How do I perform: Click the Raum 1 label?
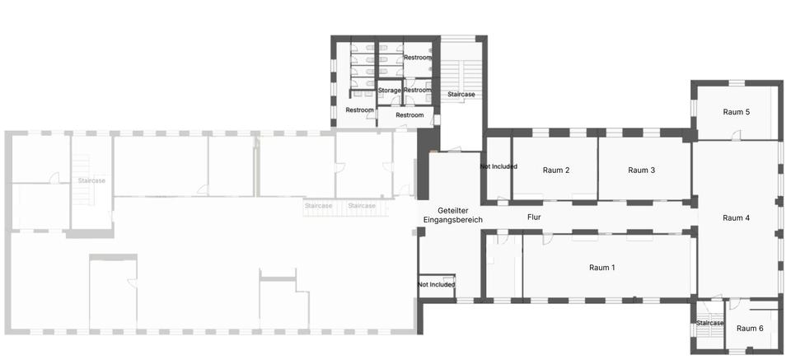click(601, 268)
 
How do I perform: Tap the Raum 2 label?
click(556, 171)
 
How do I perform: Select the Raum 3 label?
click(641, 171)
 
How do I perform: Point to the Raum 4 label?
click(736, 217)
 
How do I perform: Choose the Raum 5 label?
click(736, 111)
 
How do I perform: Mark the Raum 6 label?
click(749, 329)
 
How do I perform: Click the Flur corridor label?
click(534, 217)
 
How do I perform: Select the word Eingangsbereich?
click(452, 220)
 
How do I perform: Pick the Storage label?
click(389, 91)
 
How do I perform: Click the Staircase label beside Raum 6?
click(709, 323)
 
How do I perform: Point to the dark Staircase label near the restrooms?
click(461, 95)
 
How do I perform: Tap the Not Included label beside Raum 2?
click(498, 166)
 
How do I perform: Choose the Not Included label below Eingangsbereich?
click(437, 284)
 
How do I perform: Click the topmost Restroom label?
click(417, 57)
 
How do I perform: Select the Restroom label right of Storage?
click(417, 90)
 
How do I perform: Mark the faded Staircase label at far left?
click(91, 180)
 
